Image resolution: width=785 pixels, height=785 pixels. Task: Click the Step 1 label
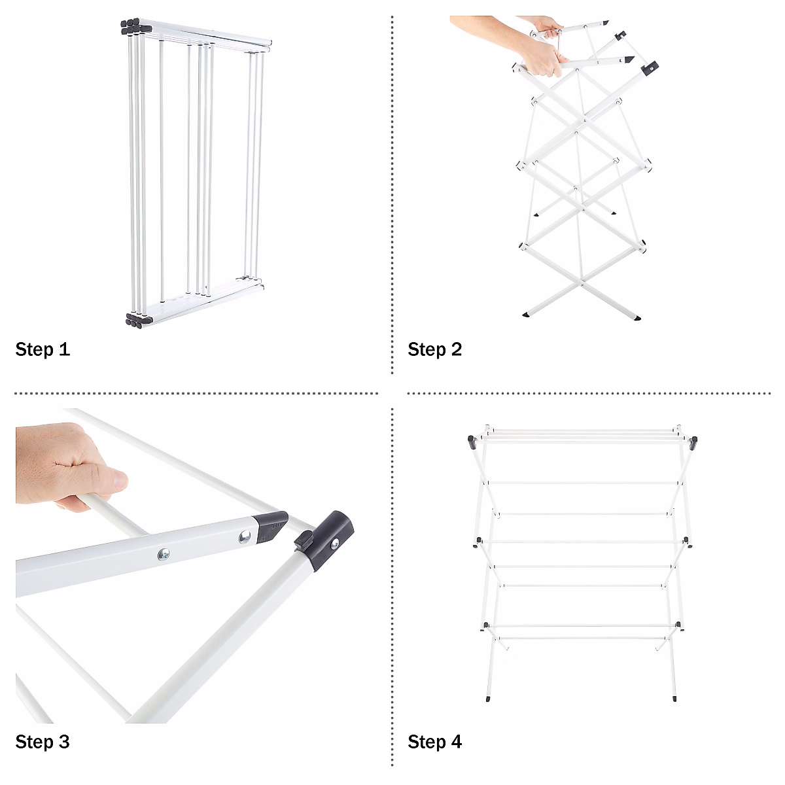pyautogui.click(x=43, y=349)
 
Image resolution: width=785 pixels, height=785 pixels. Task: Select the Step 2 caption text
pyautogui.click(x=435, y=349)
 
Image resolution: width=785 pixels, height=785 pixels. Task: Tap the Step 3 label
pyautogui.click(x=43, y=742)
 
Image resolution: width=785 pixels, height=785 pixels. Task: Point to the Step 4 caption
pyautogui.click(x=435, y=742)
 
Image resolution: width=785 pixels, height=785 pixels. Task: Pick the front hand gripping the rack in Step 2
pyautogui.click(x=540, y=62)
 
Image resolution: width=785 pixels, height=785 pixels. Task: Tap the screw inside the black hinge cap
pyautogui.click(x=335, y=542)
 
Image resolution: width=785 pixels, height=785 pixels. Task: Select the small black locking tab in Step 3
pyautogui.click(x=303, y=540)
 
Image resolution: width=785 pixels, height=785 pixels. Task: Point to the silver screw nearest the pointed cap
pyautogui.click(x=245, y=537)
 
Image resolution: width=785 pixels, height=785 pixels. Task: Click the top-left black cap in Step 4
pyautogui.click(x=472, y=440)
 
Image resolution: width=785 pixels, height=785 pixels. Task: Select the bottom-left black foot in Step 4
pyautogui.click(x=491, y=699)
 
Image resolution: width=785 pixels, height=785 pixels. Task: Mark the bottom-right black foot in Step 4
pyautogui.click(x=674, y=699)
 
